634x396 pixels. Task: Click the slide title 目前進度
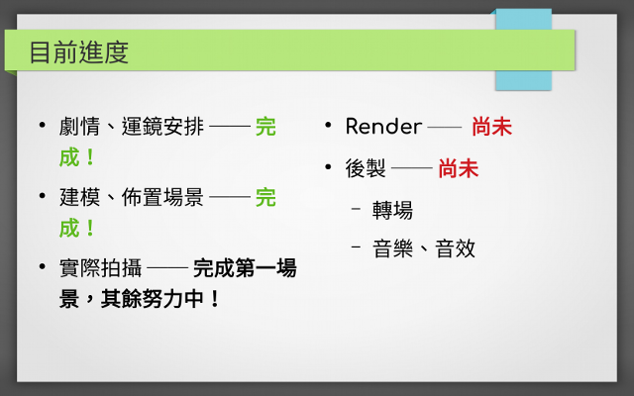click(x=79, y=52)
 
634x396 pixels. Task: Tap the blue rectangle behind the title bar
click(x=524, y=80)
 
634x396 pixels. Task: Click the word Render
click(x=383, y=127)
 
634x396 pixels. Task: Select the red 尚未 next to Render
click(x=491, y=127)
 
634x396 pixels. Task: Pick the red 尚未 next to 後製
click(x=459, y=168)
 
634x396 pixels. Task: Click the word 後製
click(x=366, y=168)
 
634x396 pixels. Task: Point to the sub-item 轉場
click(x=392, y=210)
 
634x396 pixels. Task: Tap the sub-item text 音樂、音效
click(x=424, y=248)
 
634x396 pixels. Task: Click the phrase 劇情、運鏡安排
click(x=132, y=127)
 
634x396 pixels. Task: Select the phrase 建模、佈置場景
click(x=132, y=198)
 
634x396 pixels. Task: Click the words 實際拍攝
click(x=101, y=268)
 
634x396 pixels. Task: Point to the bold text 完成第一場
click(x=245, y=268)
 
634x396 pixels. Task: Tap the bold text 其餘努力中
click(x=152, y=299)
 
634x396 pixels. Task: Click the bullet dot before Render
click(x=328, y=125)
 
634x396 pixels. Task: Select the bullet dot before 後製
click(x=328, y=166)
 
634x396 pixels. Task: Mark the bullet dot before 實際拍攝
click(x=42, y=266)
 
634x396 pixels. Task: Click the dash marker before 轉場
click(x=356, y=209)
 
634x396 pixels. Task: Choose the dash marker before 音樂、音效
click(x=356, y=247)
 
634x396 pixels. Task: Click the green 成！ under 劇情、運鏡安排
click(x=77, y=157)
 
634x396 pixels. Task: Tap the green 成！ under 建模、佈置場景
click(x=77, y=229)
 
